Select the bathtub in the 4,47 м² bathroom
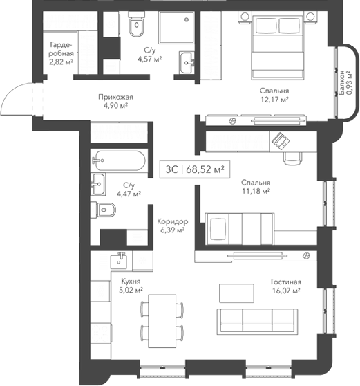tap(119, 161)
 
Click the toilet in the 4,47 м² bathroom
tap(109, 210)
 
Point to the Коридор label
tap(172, 221)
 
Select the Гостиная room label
tap(286, 282)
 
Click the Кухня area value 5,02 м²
tap(131, 291)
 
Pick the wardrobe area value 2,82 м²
tap(61, 61)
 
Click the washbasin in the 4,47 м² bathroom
tap(98, 184)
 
